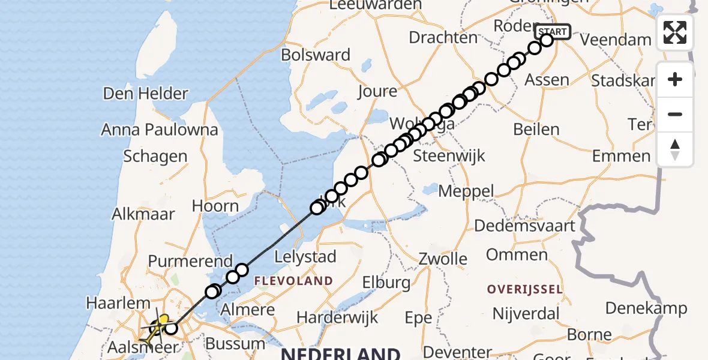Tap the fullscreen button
pyautogui.click(x=675, y=32)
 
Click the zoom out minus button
pyautogui.click(x=675, y=114)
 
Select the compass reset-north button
pyautogui.click(x=675, y=149)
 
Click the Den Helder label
pyautogui.click(x=146, y=94)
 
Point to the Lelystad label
pyautogui.click(x=305, y=257)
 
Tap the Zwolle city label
pyautogui.click(x=443, y=259)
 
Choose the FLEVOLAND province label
pyautogui.click(x=293, y=281)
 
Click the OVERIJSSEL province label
pyautogui.click(x=525, y=289)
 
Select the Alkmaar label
pyautogui.click(x=143, y=214)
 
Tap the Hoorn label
pyautogui.click(x=215, y=206)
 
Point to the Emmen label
pyautogui.click(x=621, y=157)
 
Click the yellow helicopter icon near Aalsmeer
pyautogui.click(x=160, y=325)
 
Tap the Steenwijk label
pyautogui.click(x=449, y=156)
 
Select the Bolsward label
pyautogui.click(x=316, y=55)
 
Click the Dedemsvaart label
pyautogui.click(x=525, y=226)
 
